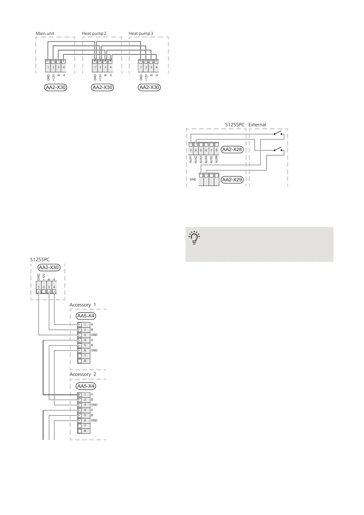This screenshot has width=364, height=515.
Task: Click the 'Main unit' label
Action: [x=45, y=33]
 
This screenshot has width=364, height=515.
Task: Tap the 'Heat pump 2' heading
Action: [x=94, y=33]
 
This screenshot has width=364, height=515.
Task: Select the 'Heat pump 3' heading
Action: [x=141, y=33]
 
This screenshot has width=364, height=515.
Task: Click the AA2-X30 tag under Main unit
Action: [x=55, y=87]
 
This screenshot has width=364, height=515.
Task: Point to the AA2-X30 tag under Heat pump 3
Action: [x=149, y=87]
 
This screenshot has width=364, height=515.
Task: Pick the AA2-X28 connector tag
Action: [x=232, y=150]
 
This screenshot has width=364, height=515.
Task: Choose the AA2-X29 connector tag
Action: [x=232, y=180]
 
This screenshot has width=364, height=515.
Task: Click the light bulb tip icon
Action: [x=194, y=237]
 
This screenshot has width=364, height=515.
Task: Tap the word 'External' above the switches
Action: [x=257, y=125]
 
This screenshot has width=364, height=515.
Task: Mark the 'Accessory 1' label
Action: [x=83, y=305]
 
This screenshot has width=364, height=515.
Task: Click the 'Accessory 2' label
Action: [x=83, y=374]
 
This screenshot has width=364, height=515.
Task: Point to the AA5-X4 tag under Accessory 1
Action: [x=86, y=316]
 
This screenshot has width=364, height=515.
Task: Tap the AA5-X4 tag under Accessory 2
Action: [x=86, y=386]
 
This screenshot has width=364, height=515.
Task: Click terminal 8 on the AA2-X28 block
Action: [x=216, y=150]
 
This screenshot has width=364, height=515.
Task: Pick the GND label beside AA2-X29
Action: [x=193, y=180]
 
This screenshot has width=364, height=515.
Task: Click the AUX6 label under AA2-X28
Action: [x=216, y=159]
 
